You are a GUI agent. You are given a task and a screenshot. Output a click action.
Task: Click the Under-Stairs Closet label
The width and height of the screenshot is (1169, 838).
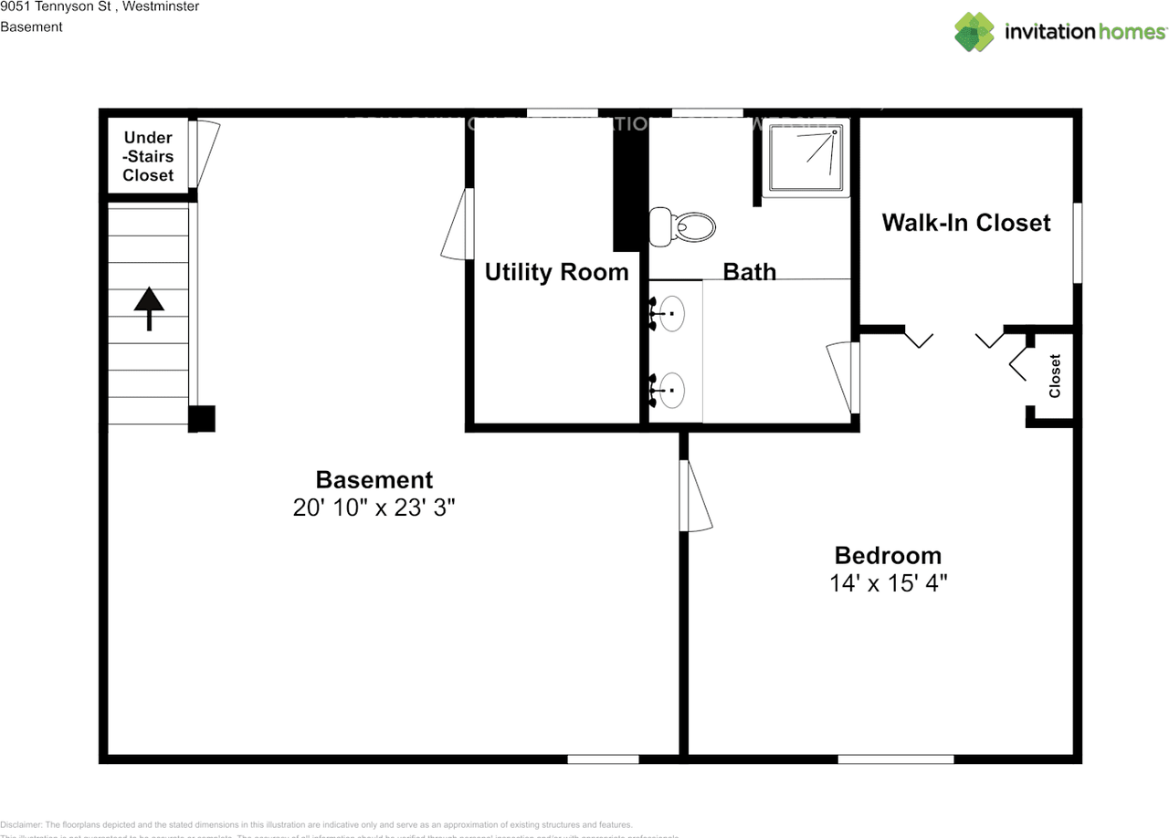[148, 156]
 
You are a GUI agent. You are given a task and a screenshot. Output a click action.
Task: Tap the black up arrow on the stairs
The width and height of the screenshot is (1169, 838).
[149, 309]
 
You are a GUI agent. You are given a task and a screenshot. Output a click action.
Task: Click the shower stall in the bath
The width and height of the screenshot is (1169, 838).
[804, 157]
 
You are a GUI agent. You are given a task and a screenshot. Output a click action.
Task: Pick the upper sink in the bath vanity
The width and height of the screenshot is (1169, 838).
[673, 313]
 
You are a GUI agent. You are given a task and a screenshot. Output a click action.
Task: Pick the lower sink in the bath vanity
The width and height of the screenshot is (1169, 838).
[673, 391]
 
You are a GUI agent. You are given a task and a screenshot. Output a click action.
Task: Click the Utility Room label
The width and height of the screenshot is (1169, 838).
[556, 272]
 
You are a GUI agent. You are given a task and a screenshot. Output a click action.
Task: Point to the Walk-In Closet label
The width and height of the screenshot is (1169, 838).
[966, 223]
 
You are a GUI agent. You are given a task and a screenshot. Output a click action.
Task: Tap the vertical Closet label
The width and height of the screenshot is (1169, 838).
[1055, 375]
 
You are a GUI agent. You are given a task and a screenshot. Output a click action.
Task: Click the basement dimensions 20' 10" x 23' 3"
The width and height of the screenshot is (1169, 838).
[374, 508]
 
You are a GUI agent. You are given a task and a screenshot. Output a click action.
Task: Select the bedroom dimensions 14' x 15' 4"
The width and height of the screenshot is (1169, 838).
[888, 583]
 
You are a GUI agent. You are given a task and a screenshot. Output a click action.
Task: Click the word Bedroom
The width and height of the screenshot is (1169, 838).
[888, 555]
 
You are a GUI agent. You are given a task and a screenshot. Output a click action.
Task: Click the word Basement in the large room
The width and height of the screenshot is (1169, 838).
[374, 479]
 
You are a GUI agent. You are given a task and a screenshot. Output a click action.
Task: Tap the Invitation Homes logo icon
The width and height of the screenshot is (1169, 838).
[974, 32]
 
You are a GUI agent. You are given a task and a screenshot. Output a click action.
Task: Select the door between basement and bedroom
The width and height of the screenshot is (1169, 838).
[696, 496]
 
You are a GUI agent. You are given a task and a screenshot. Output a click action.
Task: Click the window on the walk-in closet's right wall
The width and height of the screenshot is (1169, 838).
[1078, 242]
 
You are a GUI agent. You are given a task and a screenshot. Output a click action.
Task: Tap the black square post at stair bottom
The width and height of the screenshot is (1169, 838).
[202, 418]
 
